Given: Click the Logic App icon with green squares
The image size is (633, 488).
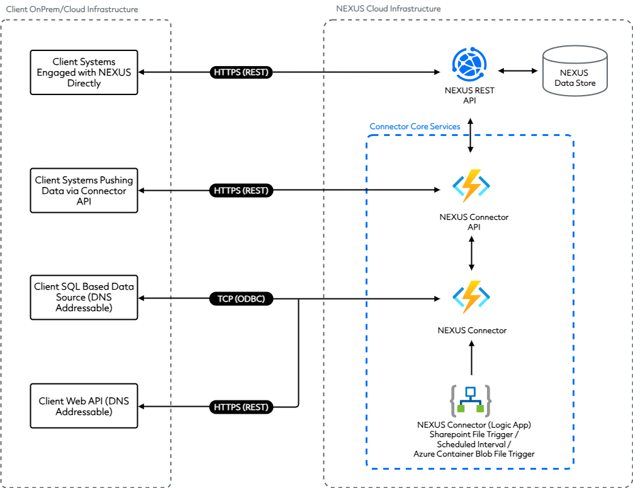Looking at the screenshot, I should click(x=471, y=401).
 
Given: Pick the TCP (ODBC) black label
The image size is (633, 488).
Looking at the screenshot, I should click(x=241, y=299).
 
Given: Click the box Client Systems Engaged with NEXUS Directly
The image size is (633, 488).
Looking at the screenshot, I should click(x=84, y=72).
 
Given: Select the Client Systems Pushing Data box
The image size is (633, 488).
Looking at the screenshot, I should click(x=84, y=190).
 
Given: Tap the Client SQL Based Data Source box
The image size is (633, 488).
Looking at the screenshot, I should click(x=84, y=297).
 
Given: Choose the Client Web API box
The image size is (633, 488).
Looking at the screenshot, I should click(x=84, y=406).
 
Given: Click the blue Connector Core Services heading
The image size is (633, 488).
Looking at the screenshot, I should click(x=415, y=127).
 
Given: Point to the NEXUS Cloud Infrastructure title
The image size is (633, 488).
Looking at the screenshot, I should click(x=389, y=9).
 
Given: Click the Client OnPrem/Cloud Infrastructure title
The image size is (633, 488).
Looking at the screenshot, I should click(x=72, y=9).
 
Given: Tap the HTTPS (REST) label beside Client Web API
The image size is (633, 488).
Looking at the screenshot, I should click(x=241, y=407).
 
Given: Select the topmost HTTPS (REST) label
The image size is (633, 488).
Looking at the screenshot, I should click(x=241, y=72).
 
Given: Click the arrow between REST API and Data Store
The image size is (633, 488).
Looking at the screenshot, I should click(x=516, y=71).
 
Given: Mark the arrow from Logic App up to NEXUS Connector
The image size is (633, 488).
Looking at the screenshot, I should click(x=471, y=359).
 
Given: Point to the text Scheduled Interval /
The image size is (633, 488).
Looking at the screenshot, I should click(x=470, y=443).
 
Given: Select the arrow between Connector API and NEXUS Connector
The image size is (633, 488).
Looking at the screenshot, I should click(x=471, y=254).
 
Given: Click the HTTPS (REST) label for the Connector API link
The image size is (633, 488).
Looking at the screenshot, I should click(x=241, y=190).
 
